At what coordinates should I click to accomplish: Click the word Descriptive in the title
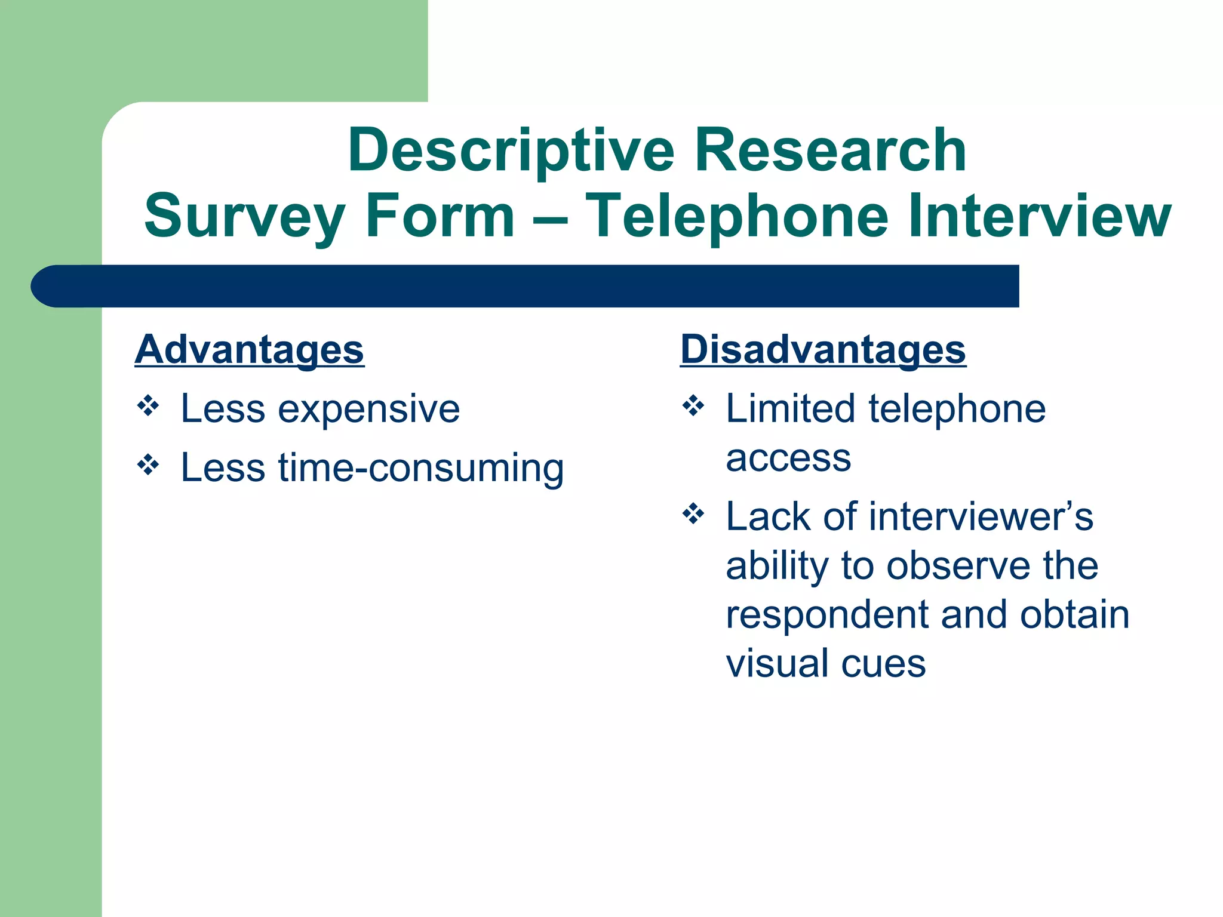point(511,150)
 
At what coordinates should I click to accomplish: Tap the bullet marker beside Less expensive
point(148,407)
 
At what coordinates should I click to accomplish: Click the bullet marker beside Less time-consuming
point(148,464)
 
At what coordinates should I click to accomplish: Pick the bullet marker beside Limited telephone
point(693,407)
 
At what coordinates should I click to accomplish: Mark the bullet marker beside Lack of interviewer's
point(693,513)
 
